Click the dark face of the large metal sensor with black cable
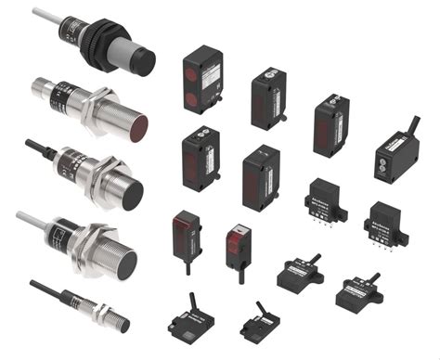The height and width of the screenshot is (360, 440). coord(133,194)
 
